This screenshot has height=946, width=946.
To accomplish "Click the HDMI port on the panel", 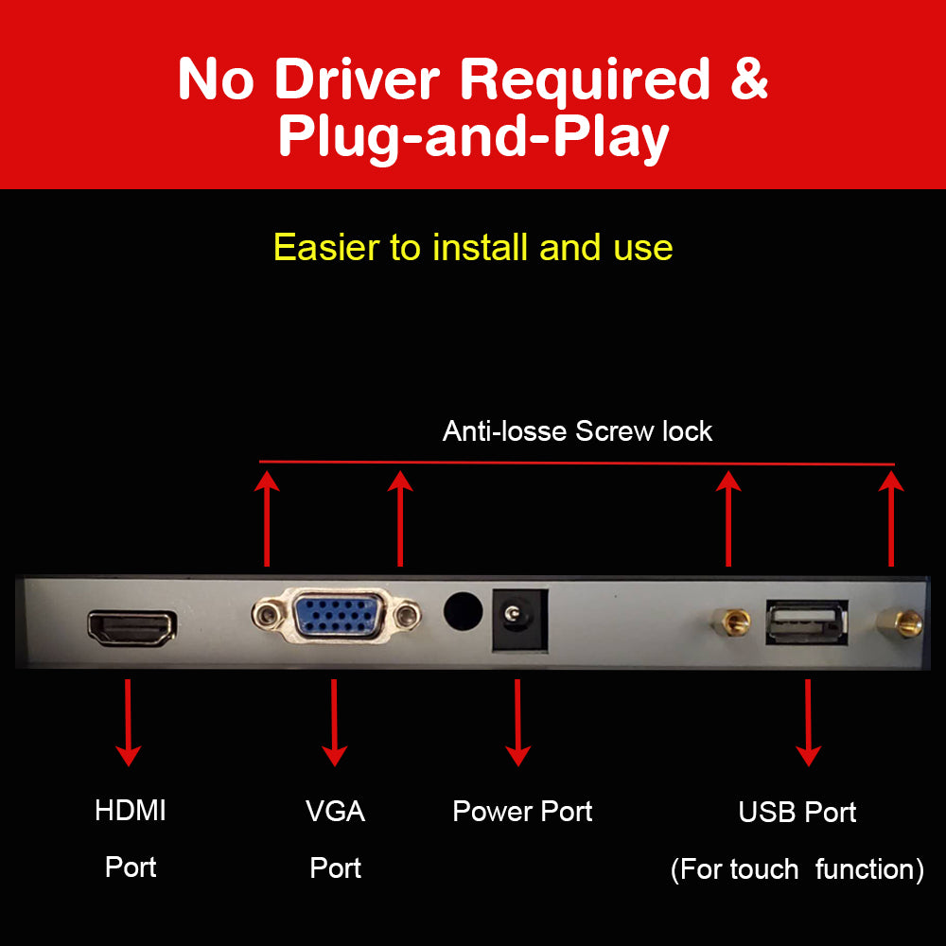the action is (x=132, y=627).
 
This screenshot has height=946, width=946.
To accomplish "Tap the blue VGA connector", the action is (x=337, y=616).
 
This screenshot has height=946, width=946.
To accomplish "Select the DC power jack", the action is (x=519, y=621).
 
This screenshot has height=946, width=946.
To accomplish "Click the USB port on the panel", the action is (x=807, y=622).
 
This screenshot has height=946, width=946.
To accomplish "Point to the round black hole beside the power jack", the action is (x=463, y=611).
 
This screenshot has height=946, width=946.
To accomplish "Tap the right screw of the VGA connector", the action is (x=407, y=616).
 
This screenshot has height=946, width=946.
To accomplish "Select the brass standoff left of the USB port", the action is (x=730, y=622).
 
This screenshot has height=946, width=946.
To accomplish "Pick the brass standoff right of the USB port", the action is (x=899, y=623).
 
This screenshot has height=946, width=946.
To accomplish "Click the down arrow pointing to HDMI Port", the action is (x=128, y=722).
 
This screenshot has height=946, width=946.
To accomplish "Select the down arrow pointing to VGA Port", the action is (x=334, y=722).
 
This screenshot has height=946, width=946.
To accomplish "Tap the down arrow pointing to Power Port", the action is (x=517, y=722).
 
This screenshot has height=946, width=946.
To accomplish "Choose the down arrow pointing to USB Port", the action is (x=808, y=722).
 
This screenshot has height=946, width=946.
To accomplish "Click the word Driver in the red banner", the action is (x=358, y=79).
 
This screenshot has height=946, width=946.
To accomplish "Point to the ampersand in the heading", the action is (x=749, y=79).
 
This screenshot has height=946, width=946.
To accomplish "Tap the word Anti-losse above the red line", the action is (x=504, y=431).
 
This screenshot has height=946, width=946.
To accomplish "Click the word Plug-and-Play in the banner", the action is (x=474, y=137).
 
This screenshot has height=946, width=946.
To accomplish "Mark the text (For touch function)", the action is (x=797, y=869).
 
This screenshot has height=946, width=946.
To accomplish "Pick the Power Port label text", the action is (x=522, y=812).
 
